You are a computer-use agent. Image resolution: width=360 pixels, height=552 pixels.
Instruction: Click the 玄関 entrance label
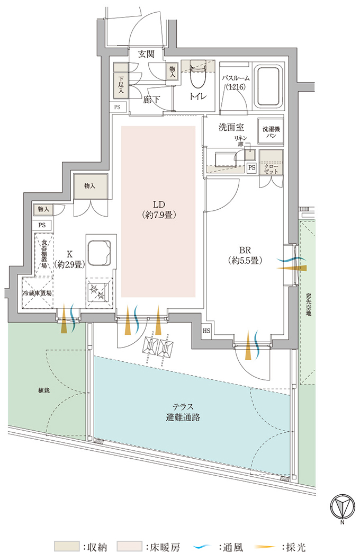coord(146,54)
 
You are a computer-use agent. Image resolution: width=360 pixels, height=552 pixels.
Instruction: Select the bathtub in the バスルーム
coord(270,86)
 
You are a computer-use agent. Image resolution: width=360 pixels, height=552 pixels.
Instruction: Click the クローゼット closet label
coord(271,168)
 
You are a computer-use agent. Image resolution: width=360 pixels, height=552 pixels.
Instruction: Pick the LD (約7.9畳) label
coord(159,209)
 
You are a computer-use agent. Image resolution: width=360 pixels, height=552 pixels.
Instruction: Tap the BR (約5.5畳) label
coord(245,255)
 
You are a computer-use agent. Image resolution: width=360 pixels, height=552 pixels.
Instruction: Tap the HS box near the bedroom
coord(206,331)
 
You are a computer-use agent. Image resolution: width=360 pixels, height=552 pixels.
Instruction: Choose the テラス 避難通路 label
coord(183,412)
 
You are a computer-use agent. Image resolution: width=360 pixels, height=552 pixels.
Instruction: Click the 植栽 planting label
coord(44,390)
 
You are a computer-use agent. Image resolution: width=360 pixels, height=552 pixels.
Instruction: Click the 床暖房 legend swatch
coord(129,546)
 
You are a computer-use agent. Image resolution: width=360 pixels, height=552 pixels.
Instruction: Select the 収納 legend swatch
coord(67,546)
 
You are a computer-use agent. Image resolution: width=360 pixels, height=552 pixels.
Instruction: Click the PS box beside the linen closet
coord(251,168)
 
